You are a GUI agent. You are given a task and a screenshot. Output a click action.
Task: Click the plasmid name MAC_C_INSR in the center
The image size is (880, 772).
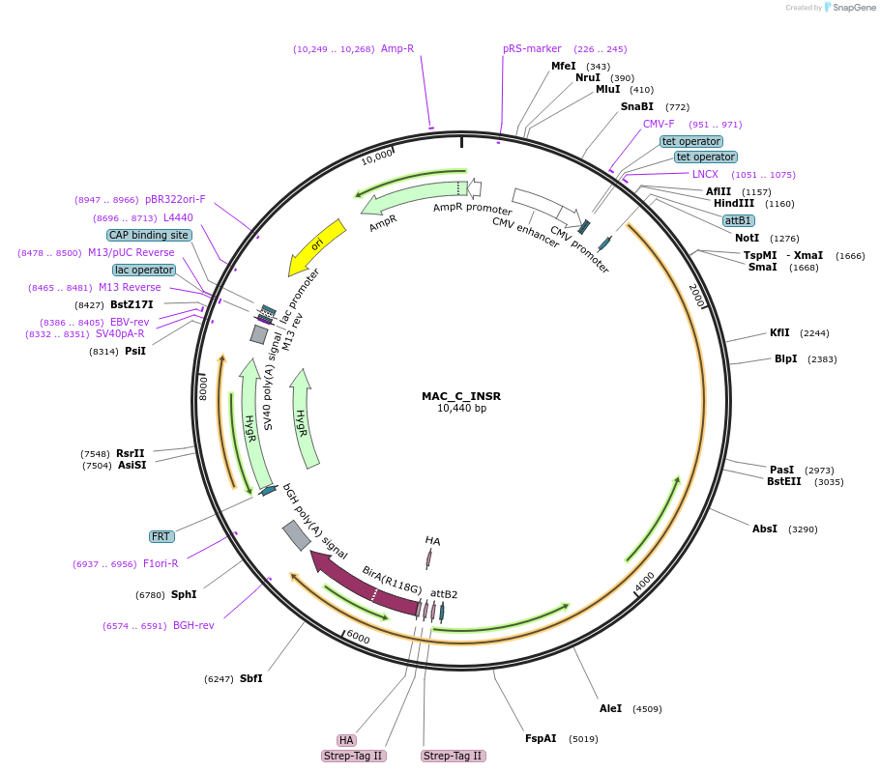tap(461, 396)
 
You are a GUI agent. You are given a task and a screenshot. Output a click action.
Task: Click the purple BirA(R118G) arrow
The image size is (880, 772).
tap(363, 580)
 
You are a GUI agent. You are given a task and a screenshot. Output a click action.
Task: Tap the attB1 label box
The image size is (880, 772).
tap(739, 220)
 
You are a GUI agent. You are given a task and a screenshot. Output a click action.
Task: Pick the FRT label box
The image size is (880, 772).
tap(161, 536)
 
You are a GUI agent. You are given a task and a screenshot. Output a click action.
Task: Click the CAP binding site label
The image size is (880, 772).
tap(149, 235)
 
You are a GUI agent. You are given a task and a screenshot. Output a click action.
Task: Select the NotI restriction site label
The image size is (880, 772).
tap(747, 238)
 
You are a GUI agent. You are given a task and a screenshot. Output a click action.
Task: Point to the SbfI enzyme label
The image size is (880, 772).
tap(250, 678)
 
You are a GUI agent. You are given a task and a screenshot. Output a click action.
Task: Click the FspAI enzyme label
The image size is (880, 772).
tap(541, 738)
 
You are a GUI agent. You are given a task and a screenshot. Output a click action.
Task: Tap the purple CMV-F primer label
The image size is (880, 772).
tap(659, 124)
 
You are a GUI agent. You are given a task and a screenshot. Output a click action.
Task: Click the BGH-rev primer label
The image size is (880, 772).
tap(193, 625)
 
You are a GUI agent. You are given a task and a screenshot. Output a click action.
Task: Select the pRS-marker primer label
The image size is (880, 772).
tap(532, 48)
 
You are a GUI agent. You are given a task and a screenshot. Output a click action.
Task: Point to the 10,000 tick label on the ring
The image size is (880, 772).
tap(377, 156)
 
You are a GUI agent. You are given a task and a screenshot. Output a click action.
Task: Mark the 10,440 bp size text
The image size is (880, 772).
tap(461, 409)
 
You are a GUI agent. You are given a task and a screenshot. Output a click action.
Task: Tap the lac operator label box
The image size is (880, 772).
tap(144, 270)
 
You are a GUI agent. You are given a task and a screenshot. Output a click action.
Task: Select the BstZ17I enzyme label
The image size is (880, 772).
tap(132, 304)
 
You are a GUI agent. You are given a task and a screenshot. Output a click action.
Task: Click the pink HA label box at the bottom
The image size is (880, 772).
tap(346, 740)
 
